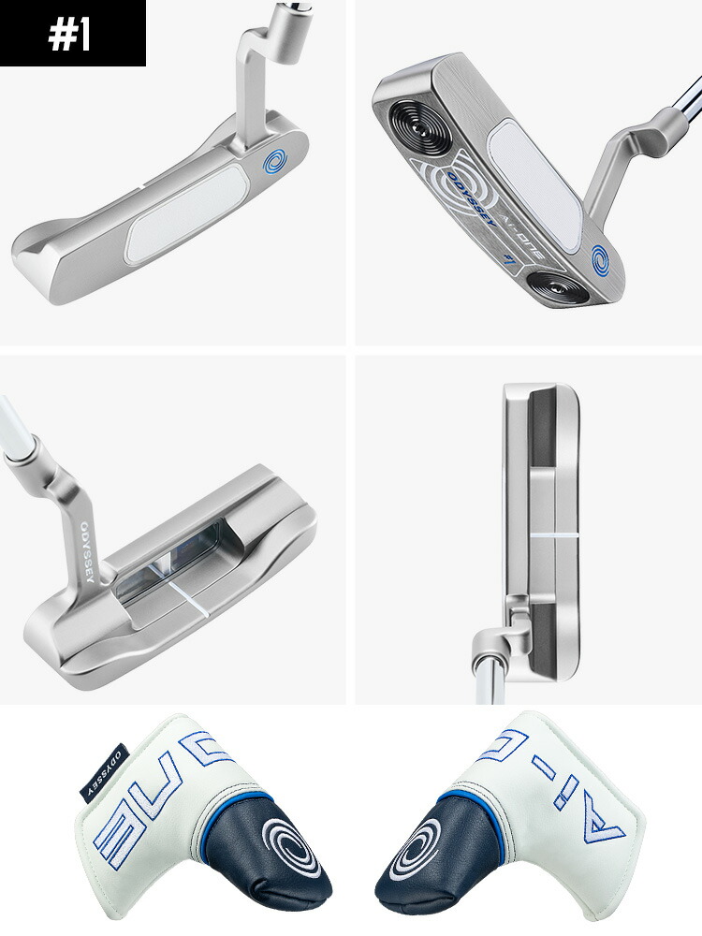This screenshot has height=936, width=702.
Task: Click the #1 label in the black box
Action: [72, 34]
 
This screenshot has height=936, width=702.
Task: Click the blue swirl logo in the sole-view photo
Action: [603, 256]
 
